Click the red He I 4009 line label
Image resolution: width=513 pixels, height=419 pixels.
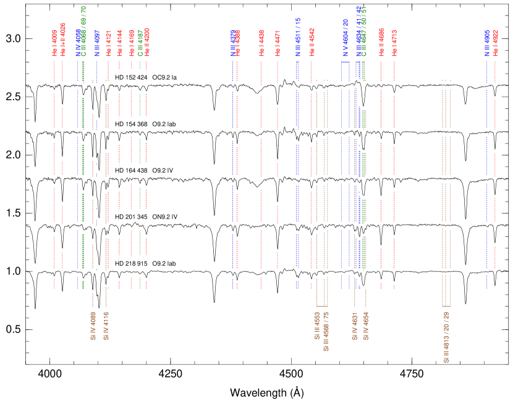click(x=54, y=43)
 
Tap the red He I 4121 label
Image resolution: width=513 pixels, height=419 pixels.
click(x=108, y=43)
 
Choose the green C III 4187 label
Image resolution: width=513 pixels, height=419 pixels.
click(x=140, y=43)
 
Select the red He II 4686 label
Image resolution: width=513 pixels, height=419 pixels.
click(x=381, y=43)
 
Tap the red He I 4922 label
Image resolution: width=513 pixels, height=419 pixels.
click(x=495, y=43)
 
